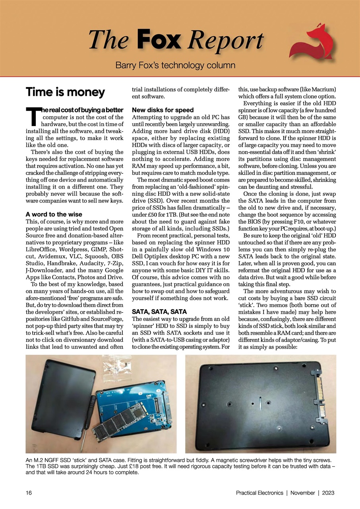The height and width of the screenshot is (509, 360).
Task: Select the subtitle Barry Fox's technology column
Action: point(175,65)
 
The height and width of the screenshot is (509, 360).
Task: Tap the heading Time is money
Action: point(65,92)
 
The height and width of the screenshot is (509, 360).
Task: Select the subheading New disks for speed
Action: point(163,110)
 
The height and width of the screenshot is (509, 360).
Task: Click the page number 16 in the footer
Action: point(29,493)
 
